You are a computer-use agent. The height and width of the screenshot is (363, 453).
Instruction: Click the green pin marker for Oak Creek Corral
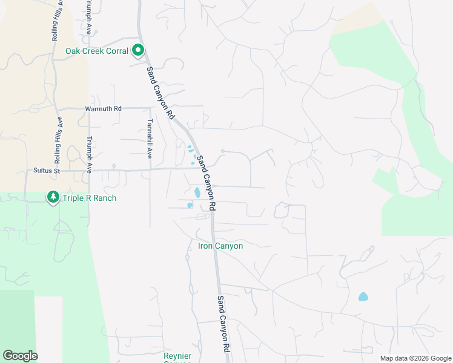coord(138,50)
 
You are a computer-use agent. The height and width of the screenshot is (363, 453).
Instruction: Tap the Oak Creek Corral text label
coord(97,51)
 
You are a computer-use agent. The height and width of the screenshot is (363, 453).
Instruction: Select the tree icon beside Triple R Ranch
coord(53,197)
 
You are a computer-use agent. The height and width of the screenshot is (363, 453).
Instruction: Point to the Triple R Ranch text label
coord(88,198)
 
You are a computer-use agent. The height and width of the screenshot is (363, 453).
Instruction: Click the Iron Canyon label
coord(220,246)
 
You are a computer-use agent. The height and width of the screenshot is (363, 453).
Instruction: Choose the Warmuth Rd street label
coord(103,108)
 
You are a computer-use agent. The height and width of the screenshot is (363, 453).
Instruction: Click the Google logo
coord(20,356)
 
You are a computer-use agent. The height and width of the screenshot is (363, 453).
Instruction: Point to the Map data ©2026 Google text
coord(415,358)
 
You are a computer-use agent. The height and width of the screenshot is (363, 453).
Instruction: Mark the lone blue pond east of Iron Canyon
coord(363,296)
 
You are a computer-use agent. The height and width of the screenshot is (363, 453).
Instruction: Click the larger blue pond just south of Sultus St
coord(197,193)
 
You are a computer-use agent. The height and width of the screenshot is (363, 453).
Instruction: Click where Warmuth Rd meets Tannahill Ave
coord(150,108)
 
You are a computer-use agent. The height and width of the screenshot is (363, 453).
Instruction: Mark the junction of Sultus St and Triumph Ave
coord(89,171)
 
